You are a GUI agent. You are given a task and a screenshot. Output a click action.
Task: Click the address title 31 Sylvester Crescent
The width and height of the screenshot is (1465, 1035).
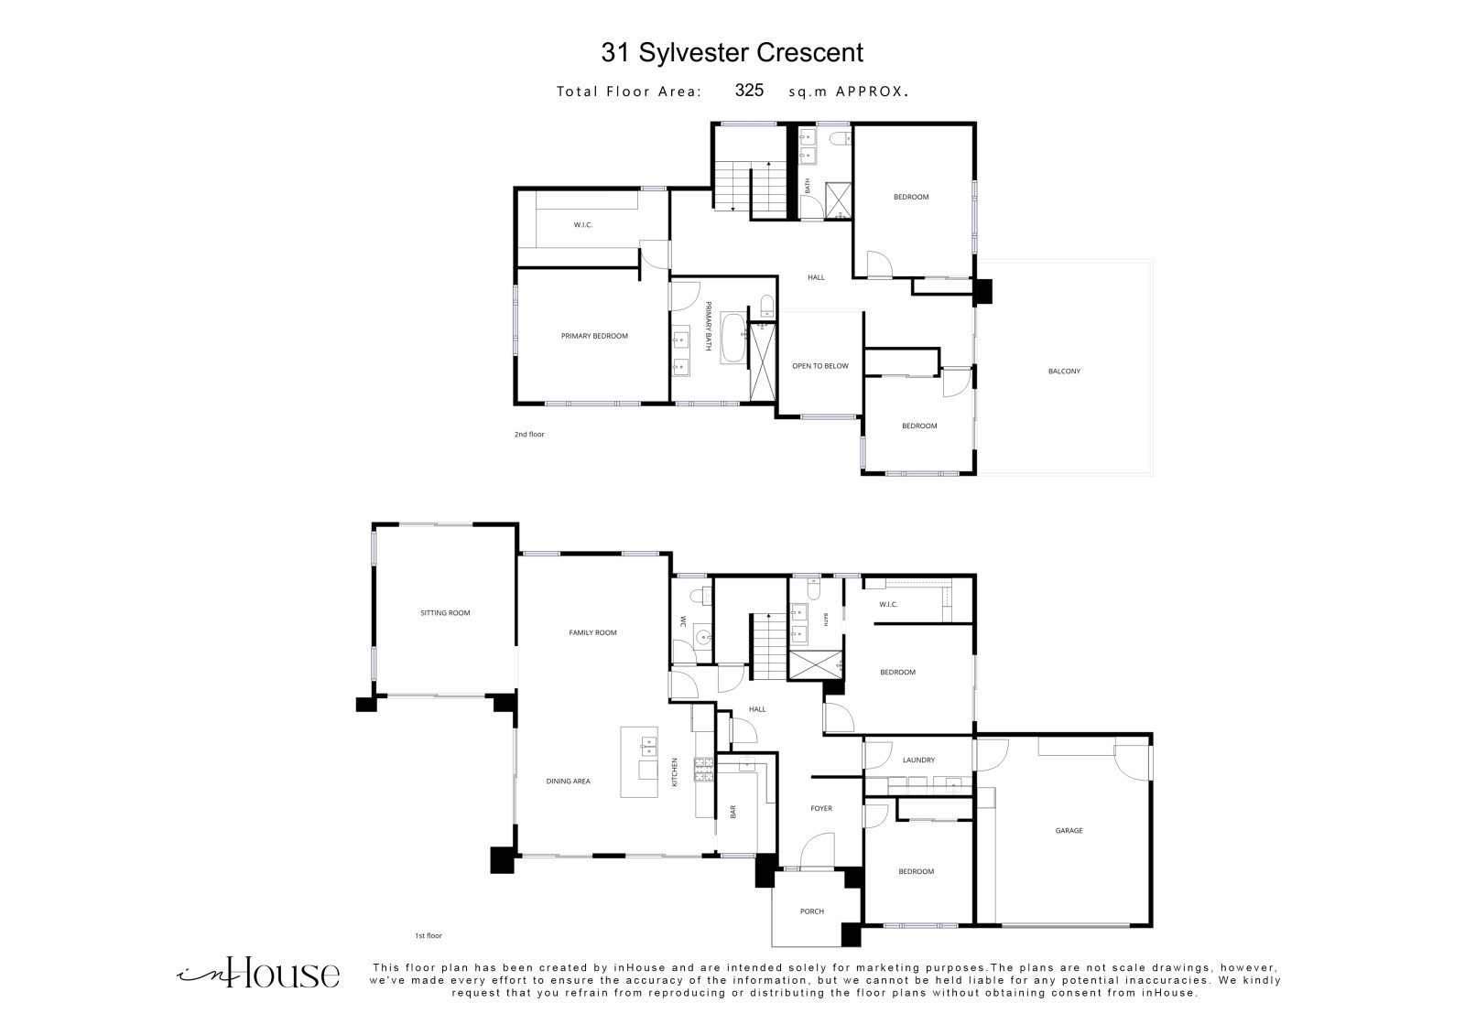[732, 53]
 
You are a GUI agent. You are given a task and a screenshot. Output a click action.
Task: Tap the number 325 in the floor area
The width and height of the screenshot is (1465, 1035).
[749, 91]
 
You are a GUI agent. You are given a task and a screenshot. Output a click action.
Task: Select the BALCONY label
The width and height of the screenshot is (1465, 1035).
[1064, 372]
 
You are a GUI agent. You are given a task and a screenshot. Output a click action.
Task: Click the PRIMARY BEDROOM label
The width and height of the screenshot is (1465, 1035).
[594, 336]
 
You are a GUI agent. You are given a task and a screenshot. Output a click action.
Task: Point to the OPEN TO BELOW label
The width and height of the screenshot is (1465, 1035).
[820, 366]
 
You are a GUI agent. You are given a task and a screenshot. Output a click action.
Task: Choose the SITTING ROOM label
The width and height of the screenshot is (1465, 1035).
[445, 613]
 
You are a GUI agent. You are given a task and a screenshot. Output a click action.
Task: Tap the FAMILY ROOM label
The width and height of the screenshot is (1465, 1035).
[592, 633]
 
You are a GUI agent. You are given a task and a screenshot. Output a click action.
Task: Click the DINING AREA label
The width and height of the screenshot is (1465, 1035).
[568, 782]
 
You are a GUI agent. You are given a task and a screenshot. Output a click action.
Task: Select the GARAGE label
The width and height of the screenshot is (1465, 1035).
[1069, 831]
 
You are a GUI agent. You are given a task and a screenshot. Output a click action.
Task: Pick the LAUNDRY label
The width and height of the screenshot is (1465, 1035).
[918, 760]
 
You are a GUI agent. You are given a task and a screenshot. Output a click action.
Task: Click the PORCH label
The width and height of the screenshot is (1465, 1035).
[811, 911]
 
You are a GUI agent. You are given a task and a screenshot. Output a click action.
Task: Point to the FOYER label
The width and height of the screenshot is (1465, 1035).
[821, 809]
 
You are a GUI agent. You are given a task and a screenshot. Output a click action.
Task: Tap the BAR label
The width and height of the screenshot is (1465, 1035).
[733, 812]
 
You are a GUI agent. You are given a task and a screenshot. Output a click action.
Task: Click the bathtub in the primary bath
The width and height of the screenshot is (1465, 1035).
[732, 338]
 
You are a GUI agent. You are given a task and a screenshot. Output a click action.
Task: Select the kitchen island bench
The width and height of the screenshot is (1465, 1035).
[639, 762]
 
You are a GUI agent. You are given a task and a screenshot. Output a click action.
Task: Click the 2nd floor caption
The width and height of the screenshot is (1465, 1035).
[529, 434]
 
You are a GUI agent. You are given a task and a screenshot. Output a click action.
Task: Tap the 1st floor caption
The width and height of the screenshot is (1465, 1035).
[429, 935]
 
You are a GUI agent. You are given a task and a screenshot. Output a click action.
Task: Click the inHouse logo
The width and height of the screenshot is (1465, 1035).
[258, 973]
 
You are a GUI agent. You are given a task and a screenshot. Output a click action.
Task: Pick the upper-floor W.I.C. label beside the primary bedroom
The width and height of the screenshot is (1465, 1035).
[582, 225]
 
